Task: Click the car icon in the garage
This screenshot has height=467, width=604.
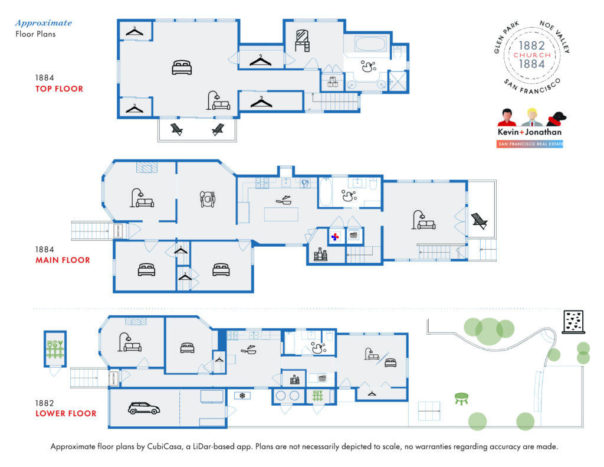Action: pyautogui.click(x=140, y=408)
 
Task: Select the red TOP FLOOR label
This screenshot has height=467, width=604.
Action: pyautogui.click(x=59, y=89)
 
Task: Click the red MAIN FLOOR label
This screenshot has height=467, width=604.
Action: pyautogui.click(x=63, y=260)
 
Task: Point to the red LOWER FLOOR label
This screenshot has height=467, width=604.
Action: pyautogui.click(x=65, y=413)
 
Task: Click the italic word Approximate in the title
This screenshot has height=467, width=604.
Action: pyautogui.click(x=44, y=23)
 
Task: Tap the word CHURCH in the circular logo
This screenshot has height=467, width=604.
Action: pyautogui.click(x=532, y=55)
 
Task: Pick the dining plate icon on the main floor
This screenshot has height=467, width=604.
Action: pyautogui.click(x=207, y=199)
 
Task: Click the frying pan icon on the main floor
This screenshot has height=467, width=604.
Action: pyautogui.click(x=284, y=201)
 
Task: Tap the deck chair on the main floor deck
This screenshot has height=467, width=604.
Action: pyautogui.click(x=479, y=221)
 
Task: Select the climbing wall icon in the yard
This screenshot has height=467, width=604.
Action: pyautogui.click(x=572, y=322)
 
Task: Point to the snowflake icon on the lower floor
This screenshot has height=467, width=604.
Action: pyautogui.click(x=241, y=395)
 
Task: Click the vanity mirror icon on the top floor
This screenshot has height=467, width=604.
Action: pyautogui.click(x=303, y=38)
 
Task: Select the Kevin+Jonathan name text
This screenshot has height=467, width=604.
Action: pyautogui.click(x=529, y=132)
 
